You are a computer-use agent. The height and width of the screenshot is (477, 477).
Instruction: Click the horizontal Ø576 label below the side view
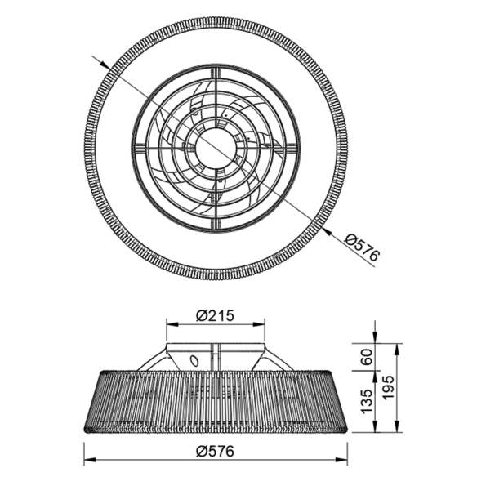click(x=215, y=449)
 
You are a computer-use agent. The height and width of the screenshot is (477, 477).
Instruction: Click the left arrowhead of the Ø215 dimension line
click(x=170, y=326)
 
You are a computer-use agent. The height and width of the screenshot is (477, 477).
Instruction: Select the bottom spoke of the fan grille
click(x=216, y=214)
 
